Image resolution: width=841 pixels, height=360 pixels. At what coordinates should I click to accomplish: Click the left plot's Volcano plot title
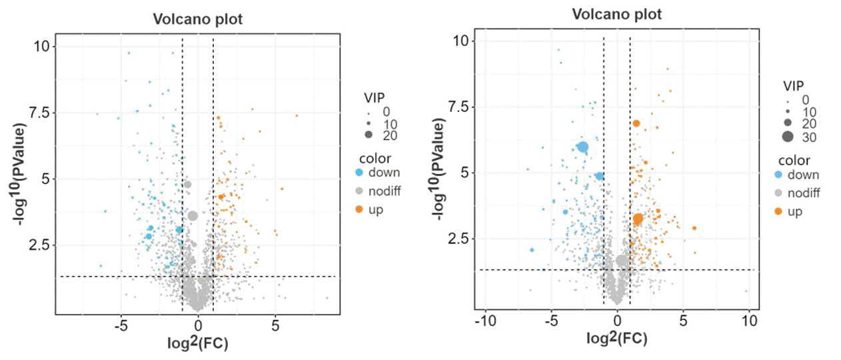pos(197,19)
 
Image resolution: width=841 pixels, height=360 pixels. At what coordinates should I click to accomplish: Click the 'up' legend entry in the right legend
pos(795,211)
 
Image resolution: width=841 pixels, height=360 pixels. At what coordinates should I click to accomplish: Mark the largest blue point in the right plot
pos(583,147)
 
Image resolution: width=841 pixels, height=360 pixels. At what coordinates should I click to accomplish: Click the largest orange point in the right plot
pos(638,219)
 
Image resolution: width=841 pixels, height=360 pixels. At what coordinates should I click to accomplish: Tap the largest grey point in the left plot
pos(193,215)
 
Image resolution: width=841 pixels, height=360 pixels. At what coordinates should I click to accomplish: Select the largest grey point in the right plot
pos(622,261)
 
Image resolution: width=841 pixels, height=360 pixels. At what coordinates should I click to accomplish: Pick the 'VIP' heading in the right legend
pos(793,85)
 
